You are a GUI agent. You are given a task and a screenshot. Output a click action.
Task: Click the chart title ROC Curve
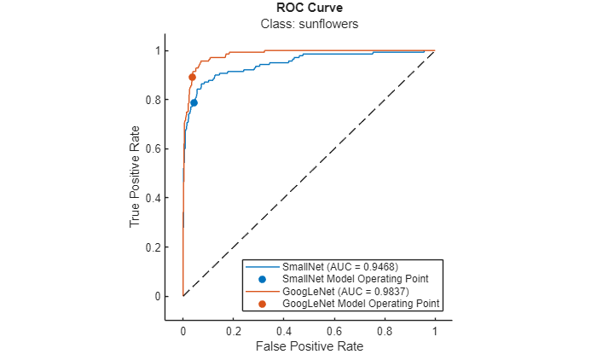click(x=308, y=9)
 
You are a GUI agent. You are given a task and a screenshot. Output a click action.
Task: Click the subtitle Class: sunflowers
click(x=308, y=24)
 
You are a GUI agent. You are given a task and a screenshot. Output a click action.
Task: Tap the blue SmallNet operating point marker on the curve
click(x=194, y=102)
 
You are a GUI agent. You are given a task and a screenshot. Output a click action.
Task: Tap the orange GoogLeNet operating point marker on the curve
click(x=192, y=78)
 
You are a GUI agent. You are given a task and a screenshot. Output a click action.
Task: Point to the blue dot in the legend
click(x=262, y=279)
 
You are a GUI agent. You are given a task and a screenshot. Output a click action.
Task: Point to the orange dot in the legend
click(x=262, y=303)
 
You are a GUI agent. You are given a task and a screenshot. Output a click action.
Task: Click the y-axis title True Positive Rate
click(x=135, y=174)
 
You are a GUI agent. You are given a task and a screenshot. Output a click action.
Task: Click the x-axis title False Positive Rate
click(x=308, y=347)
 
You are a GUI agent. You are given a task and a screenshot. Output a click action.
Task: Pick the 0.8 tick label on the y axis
click(x=152, y=100)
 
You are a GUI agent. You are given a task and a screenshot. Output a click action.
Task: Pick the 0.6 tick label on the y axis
click(x=152, y=148)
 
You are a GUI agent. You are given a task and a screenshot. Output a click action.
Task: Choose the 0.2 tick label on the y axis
click(x=152, y=247)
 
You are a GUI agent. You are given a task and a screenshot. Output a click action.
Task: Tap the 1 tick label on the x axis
click(x=435, y=329)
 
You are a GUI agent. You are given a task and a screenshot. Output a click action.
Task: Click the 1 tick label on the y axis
click(x=156, y=50)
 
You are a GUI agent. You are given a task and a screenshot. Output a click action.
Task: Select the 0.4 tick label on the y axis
click(x=152, y=198)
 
